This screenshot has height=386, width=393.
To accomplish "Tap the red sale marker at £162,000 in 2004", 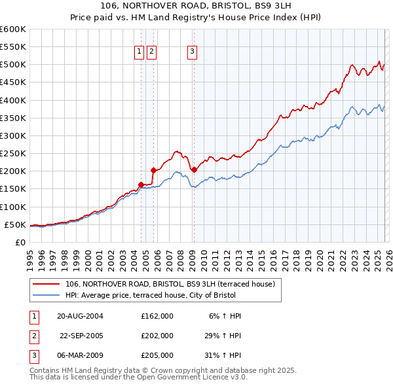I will [141, 184].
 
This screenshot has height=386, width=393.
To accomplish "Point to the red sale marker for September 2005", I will [153, 170].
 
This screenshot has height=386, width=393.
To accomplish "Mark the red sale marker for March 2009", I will [194, 169].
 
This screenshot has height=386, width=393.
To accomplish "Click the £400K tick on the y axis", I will [13, 101].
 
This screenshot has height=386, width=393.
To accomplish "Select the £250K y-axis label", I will [13, 154].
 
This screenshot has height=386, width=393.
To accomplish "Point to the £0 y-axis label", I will [20, 243].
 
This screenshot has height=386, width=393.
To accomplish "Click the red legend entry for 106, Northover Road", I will [174, 284].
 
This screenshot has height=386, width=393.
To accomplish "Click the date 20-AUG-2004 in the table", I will [81, 316].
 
